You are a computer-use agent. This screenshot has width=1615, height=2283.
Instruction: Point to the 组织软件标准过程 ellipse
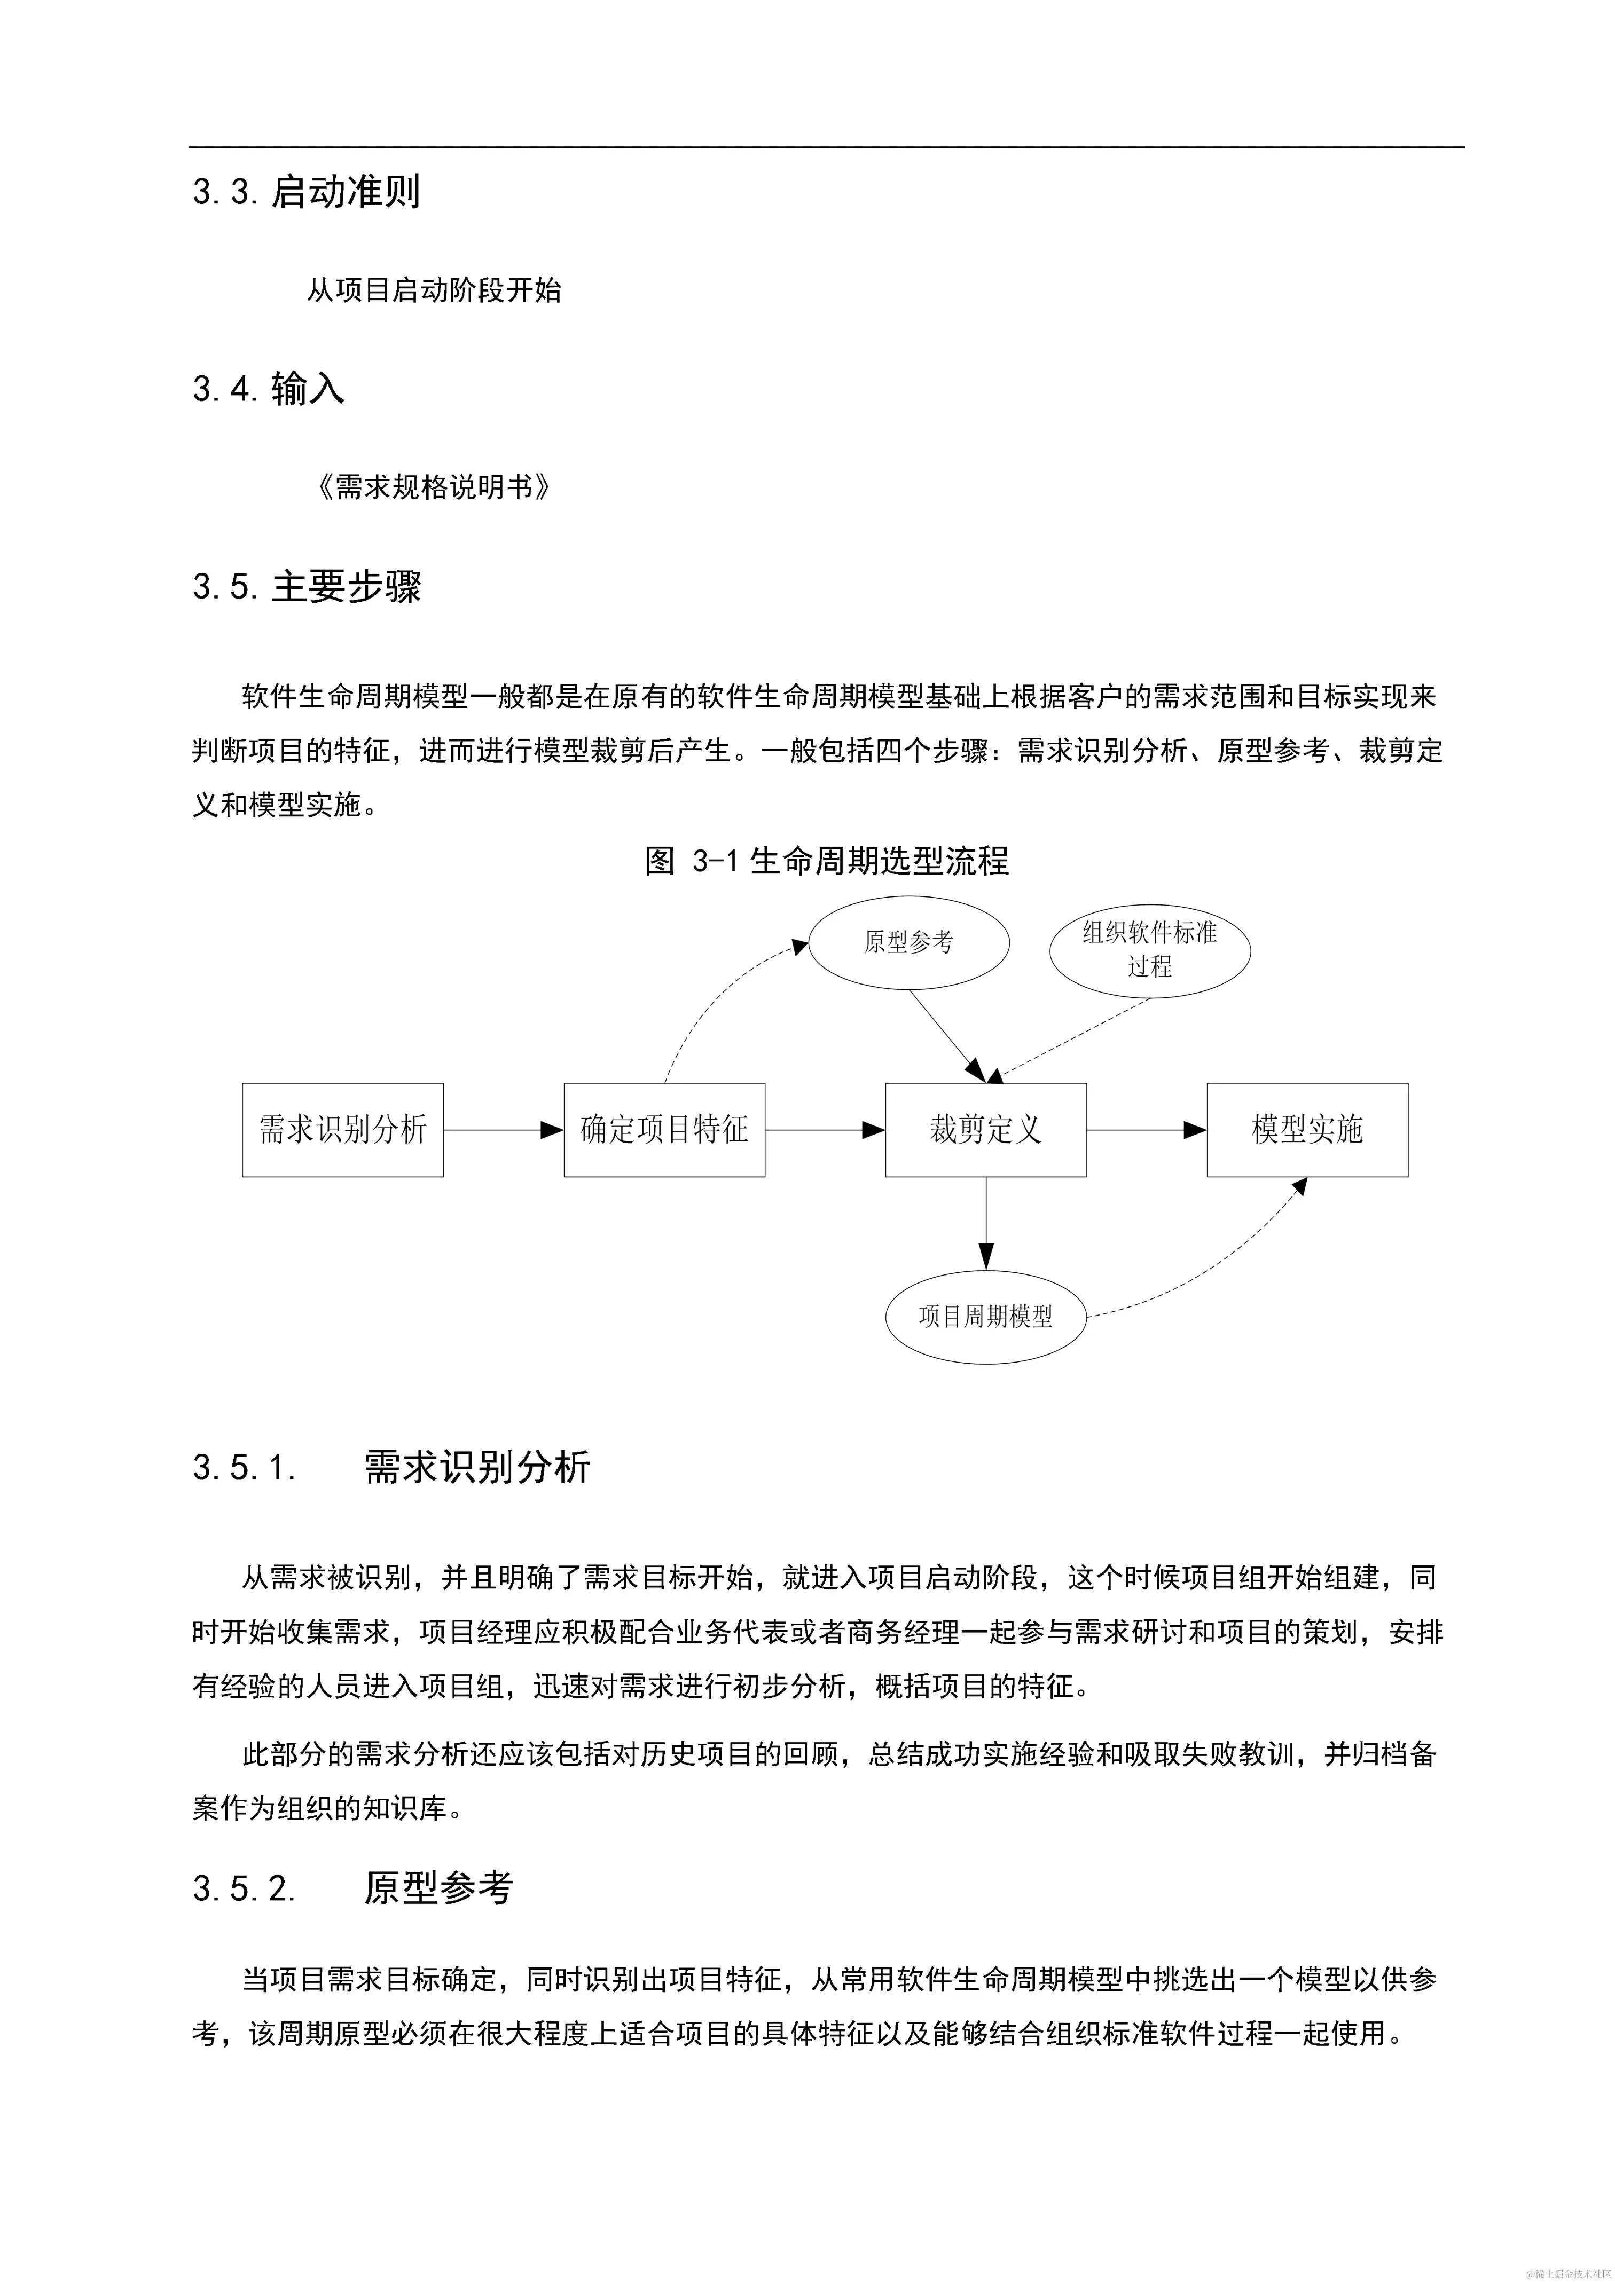tap(1150, 950)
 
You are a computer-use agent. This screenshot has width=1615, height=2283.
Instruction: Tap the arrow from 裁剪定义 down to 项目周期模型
tap(985, 1223)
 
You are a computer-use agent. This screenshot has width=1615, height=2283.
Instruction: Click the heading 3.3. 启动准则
tap(307, 192)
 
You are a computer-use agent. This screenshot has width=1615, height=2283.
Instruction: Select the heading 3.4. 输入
tap(269, 389)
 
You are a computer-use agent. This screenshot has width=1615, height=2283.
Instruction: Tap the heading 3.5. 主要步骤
tap(307, 587)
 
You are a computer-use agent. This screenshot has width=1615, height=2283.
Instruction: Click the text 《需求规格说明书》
tap(433, 487)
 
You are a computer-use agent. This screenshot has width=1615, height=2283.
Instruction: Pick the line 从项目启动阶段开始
tap(434, 290)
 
